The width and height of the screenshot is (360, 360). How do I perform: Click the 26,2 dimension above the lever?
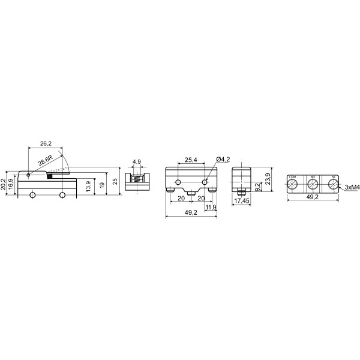[x=45, y=144]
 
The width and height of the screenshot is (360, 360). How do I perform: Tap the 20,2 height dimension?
[x=4, y=184]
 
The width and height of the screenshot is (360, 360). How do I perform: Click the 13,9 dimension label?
[x=88, y=187]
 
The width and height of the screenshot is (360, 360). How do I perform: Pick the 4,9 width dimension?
[x=137, y=162]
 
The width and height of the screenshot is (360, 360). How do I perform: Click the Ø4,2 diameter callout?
[x=222, y=159]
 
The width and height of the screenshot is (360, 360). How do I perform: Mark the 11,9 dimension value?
[x=211, y=208]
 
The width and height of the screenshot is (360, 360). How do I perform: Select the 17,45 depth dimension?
[x=242, y=200]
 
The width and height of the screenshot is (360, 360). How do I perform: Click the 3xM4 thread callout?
[x=352, y=187]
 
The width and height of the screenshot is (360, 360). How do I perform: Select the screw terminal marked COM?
[x=292, y=185]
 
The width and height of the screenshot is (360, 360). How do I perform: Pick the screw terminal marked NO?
[x=313, y=185]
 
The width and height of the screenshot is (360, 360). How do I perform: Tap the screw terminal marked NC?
[x=333, y=185]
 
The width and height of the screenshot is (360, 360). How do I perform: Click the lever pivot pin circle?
[x=28, y=174]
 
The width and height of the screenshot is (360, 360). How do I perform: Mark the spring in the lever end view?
[x=137, y=179]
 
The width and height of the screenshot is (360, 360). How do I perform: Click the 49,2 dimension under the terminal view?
[x=312, y=196]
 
